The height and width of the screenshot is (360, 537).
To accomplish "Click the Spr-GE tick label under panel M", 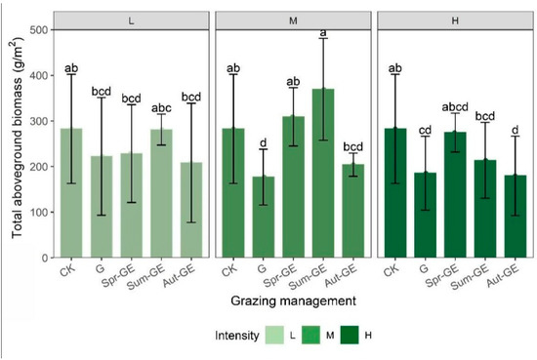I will pos(303,279).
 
